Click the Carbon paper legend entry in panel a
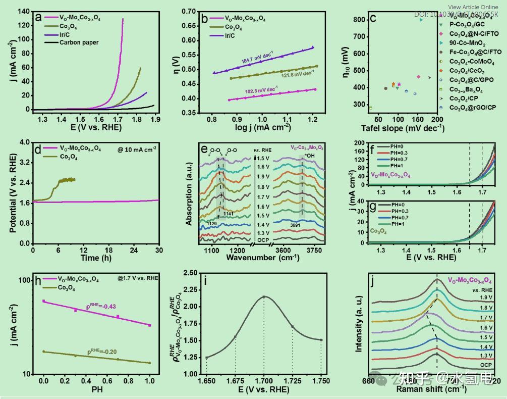(79, 43)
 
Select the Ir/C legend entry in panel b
(231, 36)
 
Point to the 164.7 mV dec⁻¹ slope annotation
(256, 56)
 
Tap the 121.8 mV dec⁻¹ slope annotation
(292, 74)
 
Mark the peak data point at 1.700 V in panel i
(263, 296)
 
